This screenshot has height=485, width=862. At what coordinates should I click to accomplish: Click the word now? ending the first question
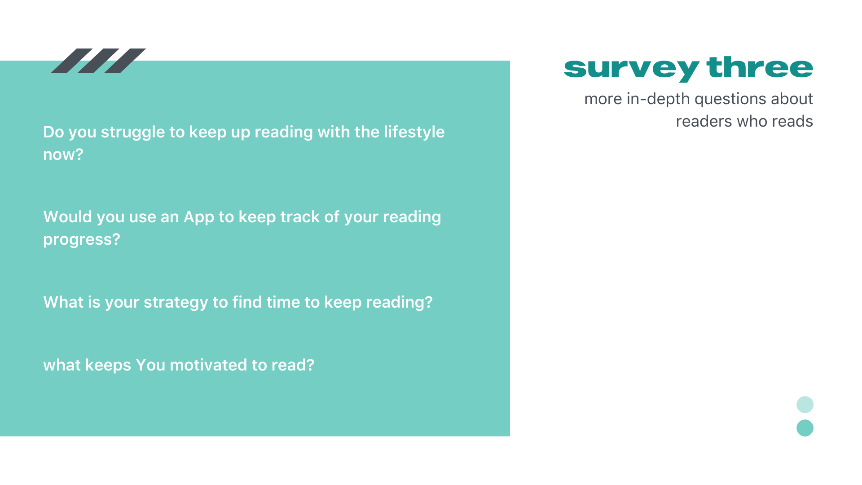[63, 154]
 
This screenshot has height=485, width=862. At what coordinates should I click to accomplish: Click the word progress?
[82, 240]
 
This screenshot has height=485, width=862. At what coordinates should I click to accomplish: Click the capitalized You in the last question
[150, 365]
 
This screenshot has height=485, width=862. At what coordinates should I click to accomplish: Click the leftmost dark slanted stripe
[72, 61]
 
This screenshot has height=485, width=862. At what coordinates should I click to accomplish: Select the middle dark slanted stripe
[98, 61]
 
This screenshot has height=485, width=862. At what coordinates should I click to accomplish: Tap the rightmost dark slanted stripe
[125, 61]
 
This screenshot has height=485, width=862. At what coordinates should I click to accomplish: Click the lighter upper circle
[805, 405]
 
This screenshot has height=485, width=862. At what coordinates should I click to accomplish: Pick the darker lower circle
[805, 428]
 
